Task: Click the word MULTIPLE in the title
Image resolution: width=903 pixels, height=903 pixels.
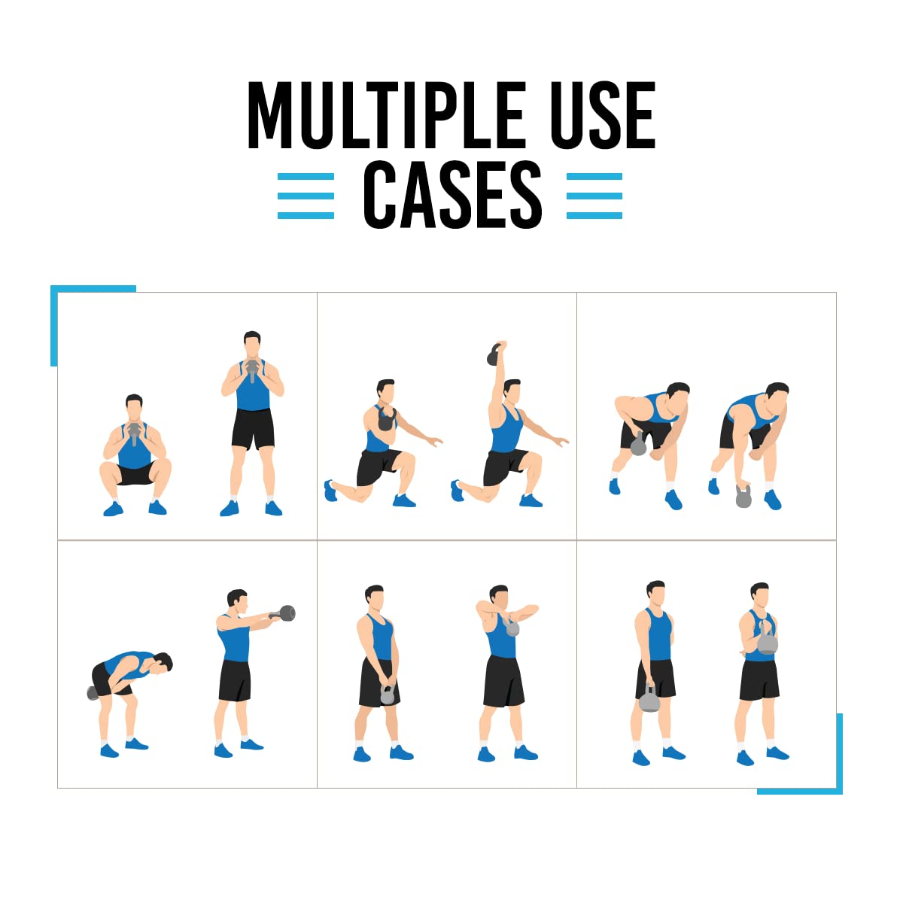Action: point(387,115)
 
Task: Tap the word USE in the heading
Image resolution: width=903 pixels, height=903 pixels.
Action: point(603,115)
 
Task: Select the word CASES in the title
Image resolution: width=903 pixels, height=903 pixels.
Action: point(453,194)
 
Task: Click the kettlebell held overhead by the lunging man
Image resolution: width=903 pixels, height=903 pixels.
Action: point(495,354)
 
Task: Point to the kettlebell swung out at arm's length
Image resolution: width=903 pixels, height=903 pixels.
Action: point(285,613)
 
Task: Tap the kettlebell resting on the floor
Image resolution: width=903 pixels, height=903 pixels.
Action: point(743,496)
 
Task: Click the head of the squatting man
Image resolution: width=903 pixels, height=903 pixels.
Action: point(134,407)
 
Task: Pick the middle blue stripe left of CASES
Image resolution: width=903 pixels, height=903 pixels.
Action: point(306,196)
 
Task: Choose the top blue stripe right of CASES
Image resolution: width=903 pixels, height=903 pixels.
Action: point(594,177)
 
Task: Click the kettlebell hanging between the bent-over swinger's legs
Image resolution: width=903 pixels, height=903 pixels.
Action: point(93,693)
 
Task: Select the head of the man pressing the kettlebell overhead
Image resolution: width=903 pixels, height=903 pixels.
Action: point(512,392)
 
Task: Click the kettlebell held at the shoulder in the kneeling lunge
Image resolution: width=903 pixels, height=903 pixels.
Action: point(387,418)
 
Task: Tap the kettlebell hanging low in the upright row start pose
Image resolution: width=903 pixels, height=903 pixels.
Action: point(387,695)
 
